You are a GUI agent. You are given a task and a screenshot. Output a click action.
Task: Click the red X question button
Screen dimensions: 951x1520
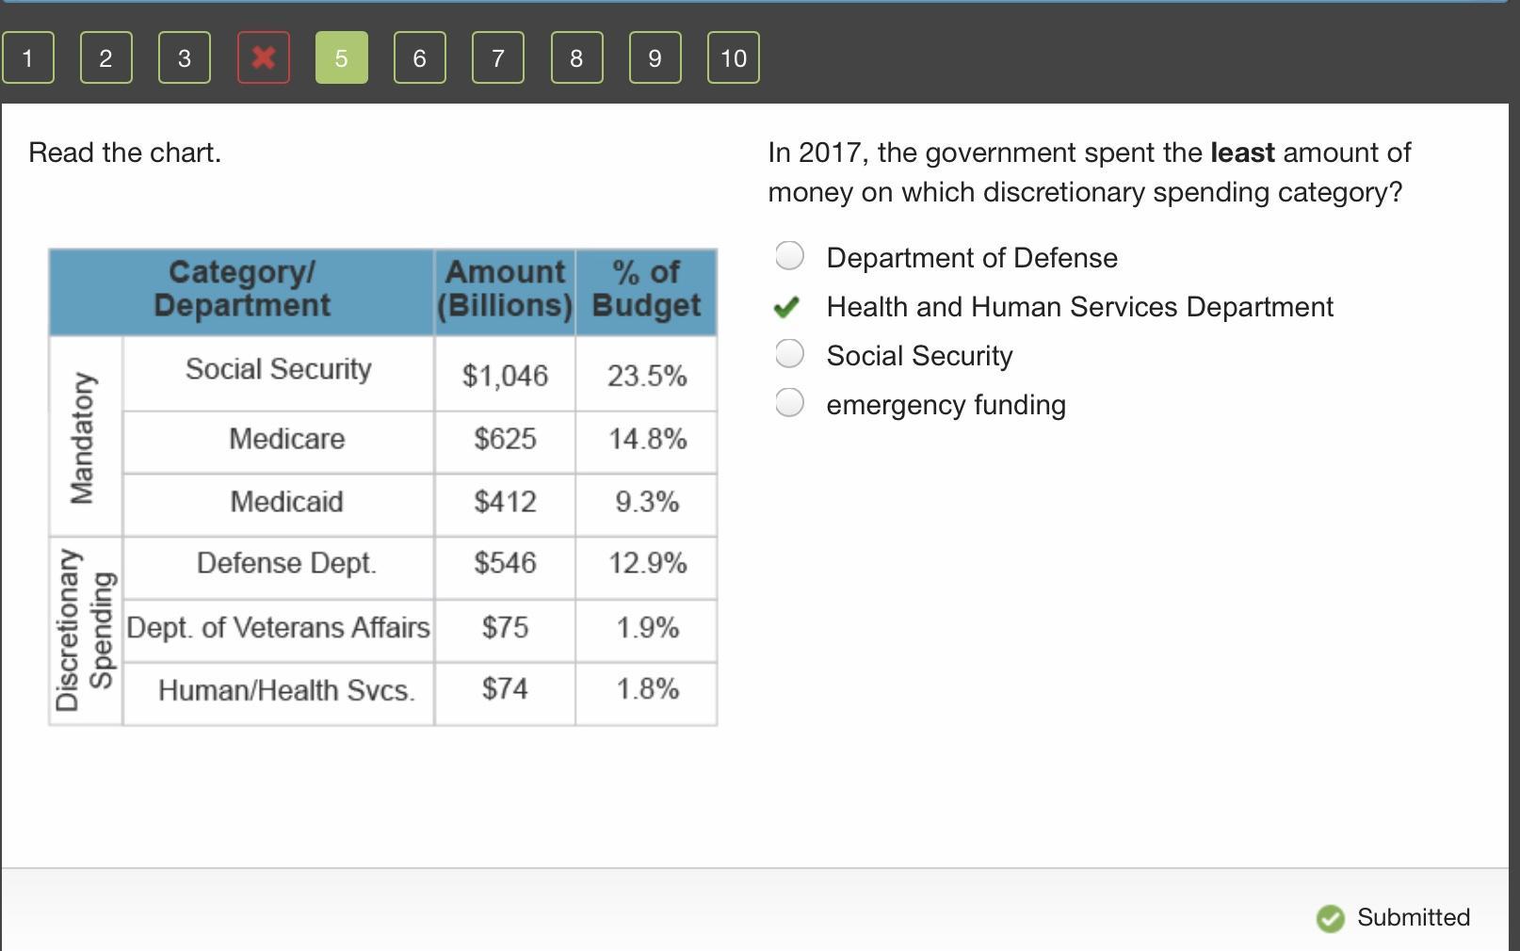(x=264, y=57)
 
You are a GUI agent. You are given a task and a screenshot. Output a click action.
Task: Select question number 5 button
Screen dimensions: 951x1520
(x=341, y=57)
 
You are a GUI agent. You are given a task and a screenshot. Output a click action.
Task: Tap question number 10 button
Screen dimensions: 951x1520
(x=733, y=57)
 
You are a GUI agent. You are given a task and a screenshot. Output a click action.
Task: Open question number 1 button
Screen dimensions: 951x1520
(x=27, y=57)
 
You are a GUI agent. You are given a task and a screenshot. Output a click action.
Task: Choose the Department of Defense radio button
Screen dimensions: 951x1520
(x=789, y=255)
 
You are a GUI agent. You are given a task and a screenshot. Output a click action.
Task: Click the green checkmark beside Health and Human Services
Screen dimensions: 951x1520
(x=786, y=307)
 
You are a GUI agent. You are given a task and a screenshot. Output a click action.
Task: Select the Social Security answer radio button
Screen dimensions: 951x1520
(x=789, y=354)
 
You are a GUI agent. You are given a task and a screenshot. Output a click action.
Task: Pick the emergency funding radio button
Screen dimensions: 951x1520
(x=789, y=403)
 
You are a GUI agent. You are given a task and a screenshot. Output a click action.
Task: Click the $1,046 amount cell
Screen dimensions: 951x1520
(x=505, y=376)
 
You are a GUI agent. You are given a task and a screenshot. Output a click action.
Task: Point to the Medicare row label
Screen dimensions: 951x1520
(x=286, y=439)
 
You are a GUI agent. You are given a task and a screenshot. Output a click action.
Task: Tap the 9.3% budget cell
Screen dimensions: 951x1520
(x=647, y=502)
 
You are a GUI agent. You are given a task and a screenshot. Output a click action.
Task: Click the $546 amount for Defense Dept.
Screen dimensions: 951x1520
(x=505, y=563)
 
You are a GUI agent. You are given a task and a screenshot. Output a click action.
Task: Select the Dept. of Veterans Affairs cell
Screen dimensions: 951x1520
(x=278, y=627)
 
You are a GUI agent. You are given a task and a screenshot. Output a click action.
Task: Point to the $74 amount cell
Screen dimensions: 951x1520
(x=505, y=689)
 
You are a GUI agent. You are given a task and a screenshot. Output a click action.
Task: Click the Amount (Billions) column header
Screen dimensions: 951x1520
(x=505, y=289)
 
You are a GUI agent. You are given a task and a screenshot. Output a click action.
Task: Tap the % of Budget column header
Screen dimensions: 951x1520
(x=646, y=289)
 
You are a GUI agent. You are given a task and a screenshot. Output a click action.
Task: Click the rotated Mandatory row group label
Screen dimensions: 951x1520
(x=83, y=438)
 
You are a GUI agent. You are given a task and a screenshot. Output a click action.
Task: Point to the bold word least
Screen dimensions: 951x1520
(x=1242, y=153)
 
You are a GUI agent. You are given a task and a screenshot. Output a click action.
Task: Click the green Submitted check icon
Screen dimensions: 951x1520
(x=1330, y=918)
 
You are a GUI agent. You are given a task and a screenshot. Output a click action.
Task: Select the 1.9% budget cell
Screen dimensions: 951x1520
(x=647, y=627)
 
